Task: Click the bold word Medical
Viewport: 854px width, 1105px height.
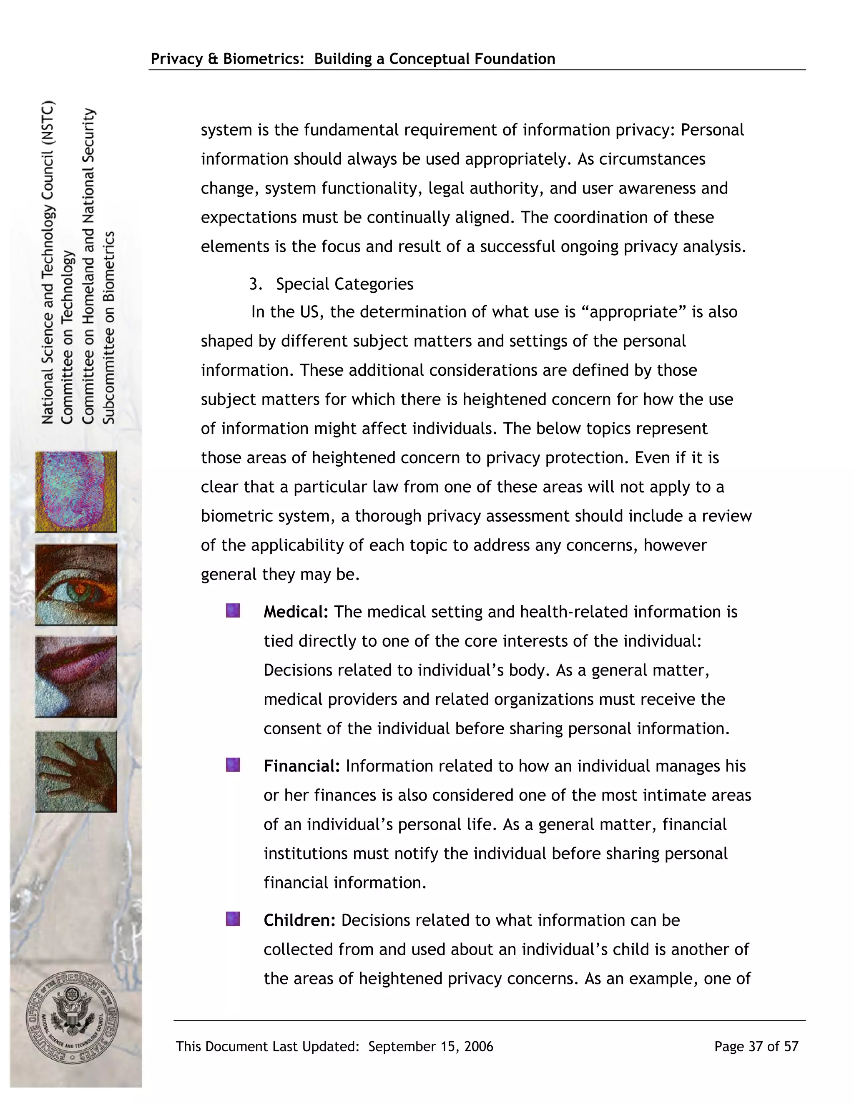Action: click(x=296, y=612)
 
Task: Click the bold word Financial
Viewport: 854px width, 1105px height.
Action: click(x=301, y=766)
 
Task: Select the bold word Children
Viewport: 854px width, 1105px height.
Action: click(x=299, y=920)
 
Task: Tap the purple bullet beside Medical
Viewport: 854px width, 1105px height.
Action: click(x=233, y=611)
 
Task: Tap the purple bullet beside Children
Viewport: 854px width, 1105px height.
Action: click(x=233, y=919)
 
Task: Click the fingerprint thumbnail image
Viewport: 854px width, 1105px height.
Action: click(x=76, y=492)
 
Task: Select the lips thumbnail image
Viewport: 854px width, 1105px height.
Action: click(x=76, y=677)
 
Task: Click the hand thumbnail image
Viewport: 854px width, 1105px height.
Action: click(x=76, y=771)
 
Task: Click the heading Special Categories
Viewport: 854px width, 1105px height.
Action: click(x=344, y=284)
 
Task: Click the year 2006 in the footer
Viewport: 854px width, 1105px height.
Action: click(x=478, y=1047)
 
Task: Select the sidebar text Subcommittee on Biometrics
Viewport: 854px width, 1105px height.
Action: click(x=109, y=328)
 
